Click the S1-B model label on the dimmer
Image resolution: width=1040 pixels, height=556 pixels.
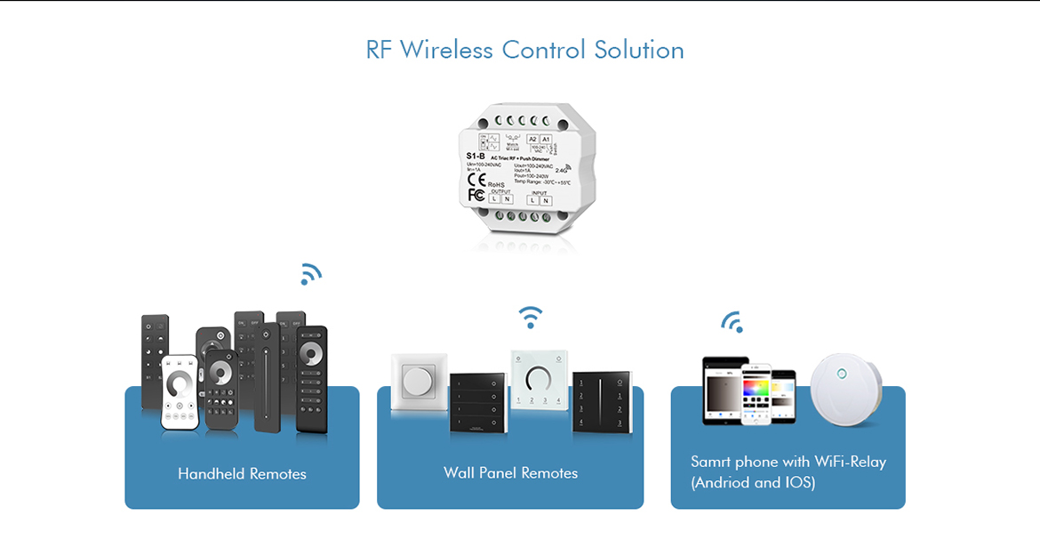(x=475, y=156)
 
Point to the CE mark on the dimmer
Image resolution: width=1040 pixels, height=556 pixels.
(x=476, y=178)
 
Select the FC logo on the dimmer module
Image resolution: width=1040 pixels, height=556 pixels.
(x=476, y=194)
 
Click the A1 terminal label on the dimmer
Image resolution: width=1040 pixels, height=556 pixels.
(x=546, y=140)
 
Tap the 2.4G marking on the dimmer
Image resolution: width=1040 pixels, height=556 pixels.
(x=561, y=169)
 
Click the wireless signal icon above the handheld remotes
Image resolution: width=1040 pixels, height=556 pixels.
(x=309, y=274)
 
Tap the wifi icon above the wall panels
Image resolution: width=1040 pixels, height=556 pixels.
(x=531, y=317)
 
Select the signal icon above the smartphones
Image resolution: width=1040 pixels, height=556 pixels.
(x=732, y=321)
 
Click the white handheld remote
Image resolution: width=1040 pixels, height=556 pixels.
(x=180, y=392)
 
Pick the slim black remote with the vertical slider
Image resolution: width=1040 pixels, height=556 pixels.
(x=267, y=377)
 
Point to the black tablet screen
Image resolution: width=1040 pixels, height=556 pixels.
(x=724, y=391)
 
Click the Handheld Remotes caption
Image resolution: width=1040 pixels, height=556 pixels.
(x=242, y=474)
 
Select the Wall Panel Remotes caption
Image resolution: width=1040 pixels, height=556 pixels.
(x=510, y=473)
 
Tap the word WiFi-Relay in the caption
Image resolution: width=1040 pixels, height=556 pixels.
(x=851, y=462)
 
